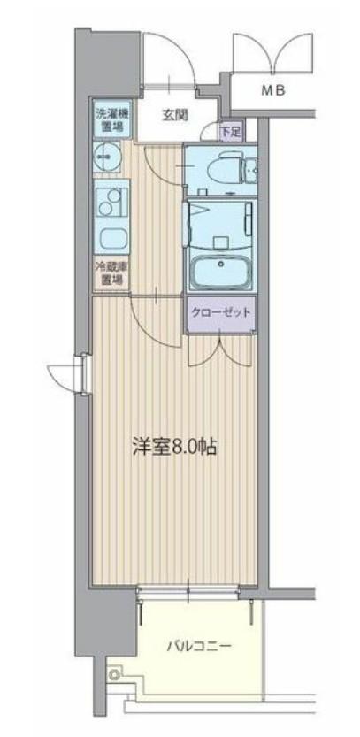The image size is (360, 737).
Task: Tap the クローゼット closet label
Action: coord(219,313)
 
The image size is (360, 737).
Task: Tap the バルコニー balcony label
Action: coord(200,647)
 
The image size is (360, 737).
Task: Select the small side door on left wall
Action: coord(68,372)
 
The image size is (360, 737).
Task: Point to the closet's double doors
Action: coord(219,350)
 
